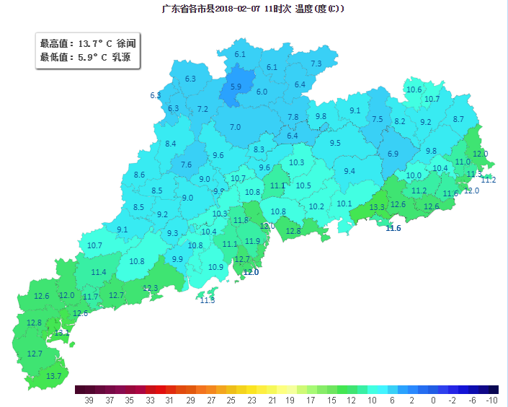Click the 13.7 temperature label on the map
[54, 376]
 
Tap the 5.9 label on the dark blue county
[236, 87]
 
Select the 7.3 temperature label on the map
[316, 64]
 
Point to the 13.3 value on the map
[377, 207]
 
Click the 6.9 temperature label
[393, 154]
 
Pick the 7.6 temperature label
[187, 165]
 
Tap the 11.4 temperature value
[99, 272]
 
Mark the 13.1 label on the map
[62, 333]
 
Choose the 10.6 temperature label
[414, 89]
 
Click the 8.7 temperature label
[458, 119]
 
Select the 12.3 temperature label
[150, 288]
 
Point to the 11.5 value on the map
[208, 300]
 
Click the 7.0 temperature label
[235, 127]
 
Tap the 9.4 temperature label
[349, 171]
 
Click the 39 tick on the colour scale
[89, 399]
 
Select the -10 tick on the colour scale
[492, 399]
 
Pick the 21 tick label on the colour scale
[272, 399]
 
